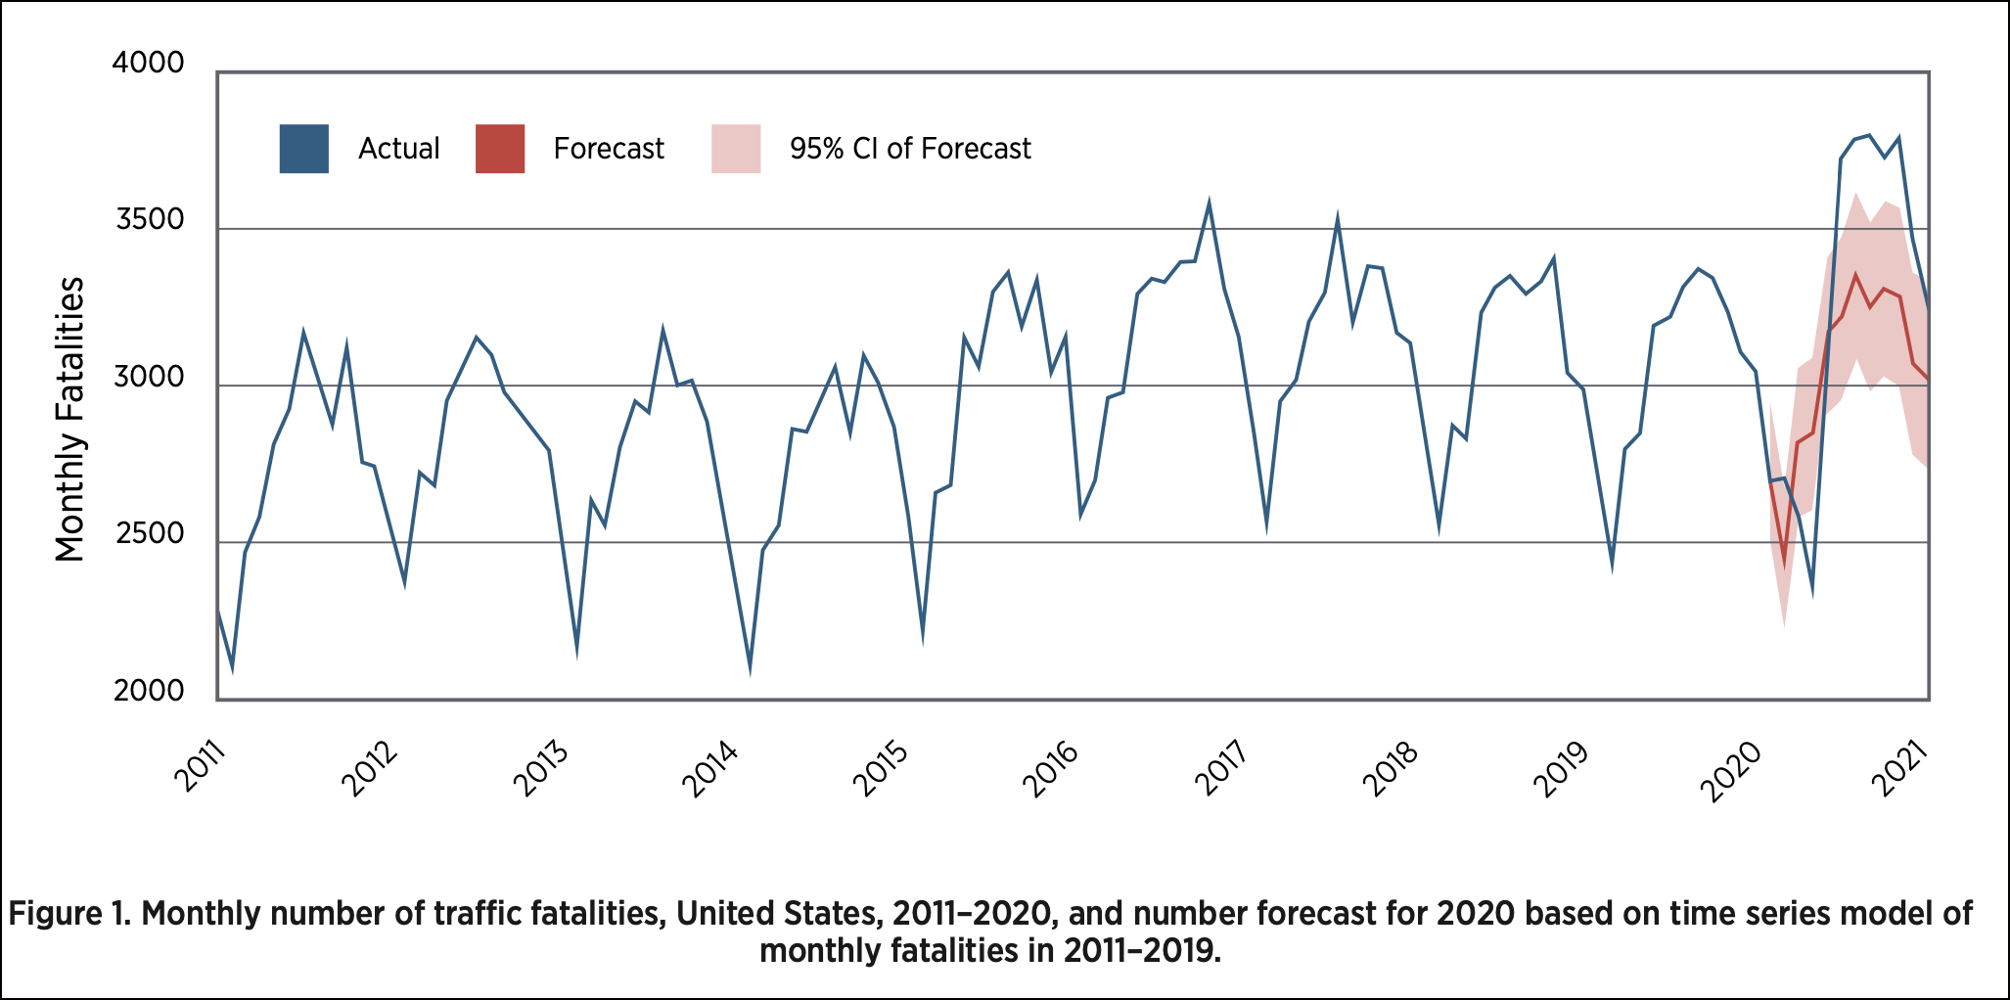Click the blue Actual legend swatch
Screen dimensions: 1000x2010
pos(303,149)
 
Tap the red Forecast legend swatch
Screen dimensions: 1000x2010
pos(500,149)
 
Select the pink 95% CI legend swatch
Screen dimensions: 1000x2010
pos(736,149)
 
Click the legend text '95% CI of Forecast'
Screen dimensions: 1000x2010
pos(910,149)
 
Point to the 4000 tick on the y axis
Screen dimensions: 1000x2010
pos(148,63)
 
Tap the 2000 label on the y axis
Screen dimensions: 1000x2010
pos(149,691)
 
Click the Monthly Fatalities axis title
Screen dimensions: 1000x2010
pos(70,419)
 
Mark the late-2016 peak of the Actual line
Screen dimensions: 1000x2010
pos(1210,204)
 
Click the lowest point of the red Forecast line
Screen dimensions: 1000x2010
pos(1784,564)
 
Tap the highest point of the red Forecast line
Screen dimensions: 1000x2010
pos(1855,275)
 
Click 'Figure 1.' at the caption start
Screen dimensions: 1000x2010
pos(69,914)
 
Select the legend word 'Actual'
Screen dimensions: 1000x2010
pos(399,149)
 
